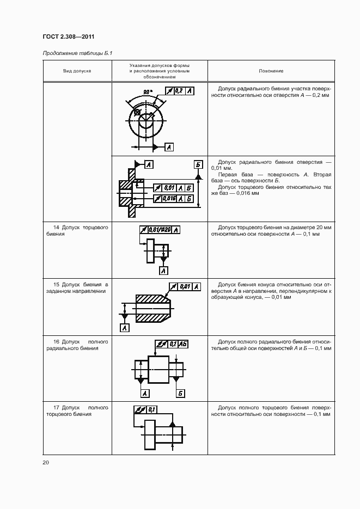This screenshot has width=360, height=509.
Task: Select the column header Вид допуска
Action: tap(77, 71)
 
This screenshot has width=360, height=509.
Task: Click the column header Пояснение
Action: tap(271, 71)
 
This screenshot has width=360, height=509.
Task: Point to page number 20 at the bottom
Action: tap(45, 462)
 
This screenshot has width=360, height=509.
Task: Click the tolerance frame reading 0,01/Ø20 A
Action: tap(160, 230)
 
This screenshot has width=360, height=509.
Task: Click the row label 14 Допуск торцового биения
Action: tap(77, 230)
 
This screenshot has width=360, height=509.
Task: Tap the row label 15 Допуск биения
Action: tap(77, 287)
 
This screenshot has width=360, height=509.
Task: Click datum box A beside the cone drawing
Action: tap(125, 328)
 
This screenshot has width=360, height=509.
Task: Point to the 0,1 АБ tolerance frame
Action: tap(172, 344)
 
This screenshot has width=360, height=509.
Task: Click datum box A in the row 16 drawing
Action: tap(145, 393)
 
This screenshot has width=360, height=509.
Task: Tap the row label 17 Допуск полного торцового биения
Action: tap(77, 410)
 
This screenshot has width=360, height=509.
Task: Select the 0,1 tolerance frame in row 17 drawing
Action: tap(145, 409)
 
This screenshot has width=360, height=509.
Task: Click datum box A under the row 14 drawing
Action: tap(163, 271)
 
